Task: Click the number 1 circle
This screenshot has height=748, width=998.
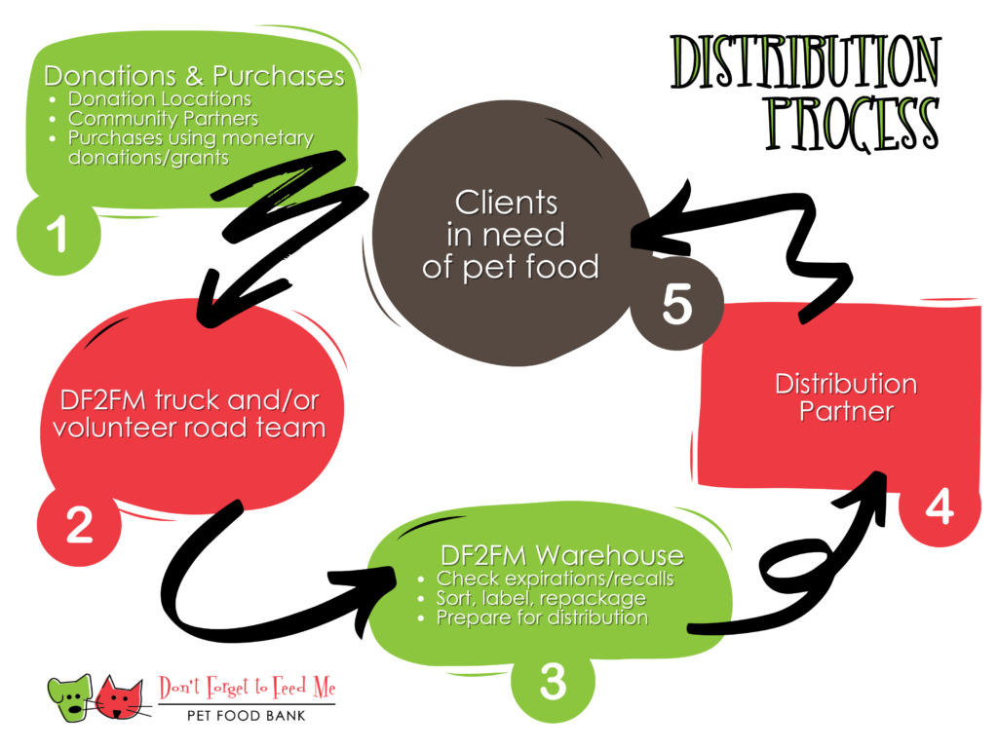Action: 58,234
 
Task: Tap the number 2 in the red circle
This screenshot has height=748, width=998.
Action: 79,525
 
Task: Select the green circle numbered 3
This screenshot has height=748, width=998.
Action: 553,682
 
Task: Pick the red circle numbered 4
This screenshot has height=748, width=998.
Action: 940,507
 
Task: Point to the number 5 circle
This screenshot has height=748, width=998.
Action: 676,304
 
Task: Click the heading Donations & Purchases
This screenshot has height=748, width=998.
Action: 194,76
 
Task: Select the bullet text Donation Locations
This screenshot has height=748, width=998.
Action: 160,99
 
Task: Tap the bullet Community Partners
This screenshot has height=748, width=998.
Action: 163,119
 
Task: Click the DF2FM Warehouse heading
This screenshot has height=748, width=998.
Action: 562,555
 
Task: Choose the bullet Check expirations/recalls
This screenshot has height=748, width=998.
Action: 555,579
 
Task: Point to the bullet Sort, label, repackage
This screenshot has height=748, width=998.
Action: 541,598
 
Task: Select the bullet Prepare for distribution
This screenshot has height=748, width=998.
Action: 542,617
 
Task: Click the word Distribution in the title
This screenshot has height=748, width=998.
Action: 806,61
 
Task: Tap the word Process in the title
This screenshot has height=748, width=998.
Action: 852,124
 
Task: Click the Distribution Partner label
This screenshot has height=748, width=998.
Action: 846,397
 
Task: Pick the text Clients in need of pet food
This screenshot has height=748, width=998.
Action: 509,235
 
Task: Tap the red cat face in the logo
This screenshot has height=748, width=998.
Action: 120,697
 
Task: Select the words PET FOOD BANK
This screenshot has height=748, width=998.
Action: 247,716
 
